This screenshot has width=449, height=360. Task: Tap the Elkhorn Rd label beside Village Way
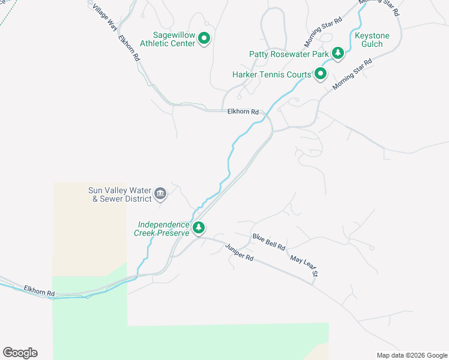[129, 49]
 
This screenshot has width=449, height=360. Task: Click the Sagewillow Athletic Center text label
[167, 40]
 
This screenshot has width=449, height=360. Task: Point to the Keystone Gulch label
[372, 40]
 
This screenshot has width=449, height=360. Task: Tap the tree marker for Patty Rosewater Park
[338, 54]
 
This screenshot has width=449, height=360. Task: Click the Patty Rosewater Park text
[289, 54]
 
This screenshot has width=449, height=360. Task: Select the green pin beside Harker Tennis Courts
[321, 74]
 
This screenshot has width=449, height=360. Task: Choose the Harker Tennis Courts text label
[271, 75]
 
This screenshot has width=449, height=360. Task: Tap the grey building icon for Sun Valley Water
[160, 193]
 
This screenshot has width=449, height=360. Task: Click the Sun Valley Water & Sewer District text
[120, 194]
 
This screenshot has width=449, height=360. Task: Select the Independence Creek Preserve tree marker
[199, 228]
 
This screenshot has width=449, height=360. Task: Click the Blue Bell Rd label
[269, 243]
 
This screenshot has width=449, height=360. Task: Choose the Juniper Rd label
[240, 252]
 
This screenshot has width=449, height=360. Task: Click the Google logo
[20, 353]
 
